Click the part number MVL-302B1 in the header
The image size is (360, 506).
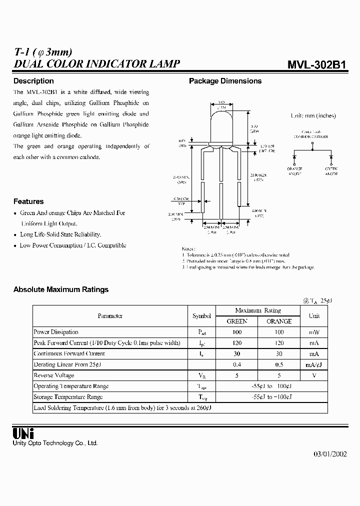point(316,65)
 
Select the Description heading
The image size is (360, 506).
point(33,81)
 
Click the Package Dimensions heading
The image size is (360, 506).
point(225,81)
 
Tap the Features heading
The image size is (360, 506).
point(28,201)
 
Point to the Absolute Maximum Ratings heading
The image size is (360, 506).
point(61,289)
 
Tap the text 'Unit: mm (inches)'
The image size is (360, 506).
point(313,115)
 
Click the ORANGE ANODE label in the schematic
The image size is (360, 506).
point(294,171)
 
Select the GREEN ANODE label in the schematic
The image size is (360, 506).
point(331,171)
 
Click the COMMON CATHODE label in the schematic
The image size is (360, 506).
point(311,134)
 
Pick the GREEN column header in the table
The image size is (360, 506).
point(237,321)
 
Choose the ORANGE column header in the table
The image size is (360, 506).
point(279,321)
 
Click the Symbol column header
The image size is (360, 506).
point(202,316)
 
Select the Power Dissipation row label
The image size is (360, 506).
point(56,332)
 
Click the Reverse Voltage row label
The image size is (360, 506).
point(54,375)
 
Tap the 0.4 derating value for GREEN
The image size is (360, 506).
point(237,364)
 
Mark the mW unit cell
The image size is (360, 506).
point(314,332)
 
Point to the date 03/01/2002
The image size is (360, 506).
point(330,454)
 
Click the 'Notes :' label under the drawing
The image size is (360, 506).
point(188,248)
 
